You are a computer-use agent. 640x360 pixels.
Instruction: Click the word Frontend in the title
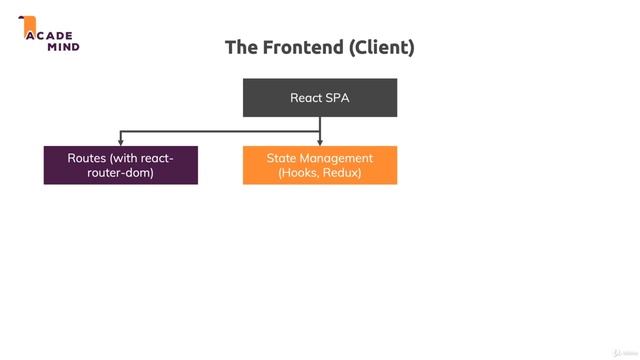click(298, 47)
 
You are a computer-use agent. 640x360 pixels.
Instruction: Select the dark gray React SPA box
click(320, 98)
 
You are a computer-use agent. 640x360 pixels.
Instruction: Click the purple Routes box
click(121, 165)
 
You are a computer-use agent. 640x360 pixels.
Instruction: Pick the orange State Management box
click(320, 165)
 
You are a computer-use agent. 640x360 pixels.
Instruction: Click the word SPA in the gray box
click(338, 98)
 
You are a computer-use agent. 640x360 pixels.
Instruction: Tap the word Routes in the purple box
click(88, 158)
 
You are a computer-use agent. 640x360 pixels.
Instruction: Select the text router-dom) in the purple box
click(121, 173)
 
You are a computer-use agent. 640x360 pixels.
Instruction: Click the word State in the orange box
click(282, 158)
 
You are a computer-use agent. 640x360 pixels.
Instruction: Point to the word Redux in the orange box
click(342, 173)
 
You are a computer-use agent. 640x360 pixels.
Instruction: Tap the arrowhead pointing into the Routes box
click(121, 142)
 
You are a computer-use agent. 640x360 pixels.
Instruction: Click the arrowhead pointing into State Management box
click(320, 142)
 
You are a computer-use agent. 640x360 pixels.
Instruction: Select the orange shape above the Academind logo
click(29, 22)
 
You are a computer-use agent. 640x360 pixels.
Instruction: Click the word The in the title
click(241, 47)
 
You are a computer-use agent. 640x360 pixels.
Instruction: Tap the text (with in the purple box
click(130, 158)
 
